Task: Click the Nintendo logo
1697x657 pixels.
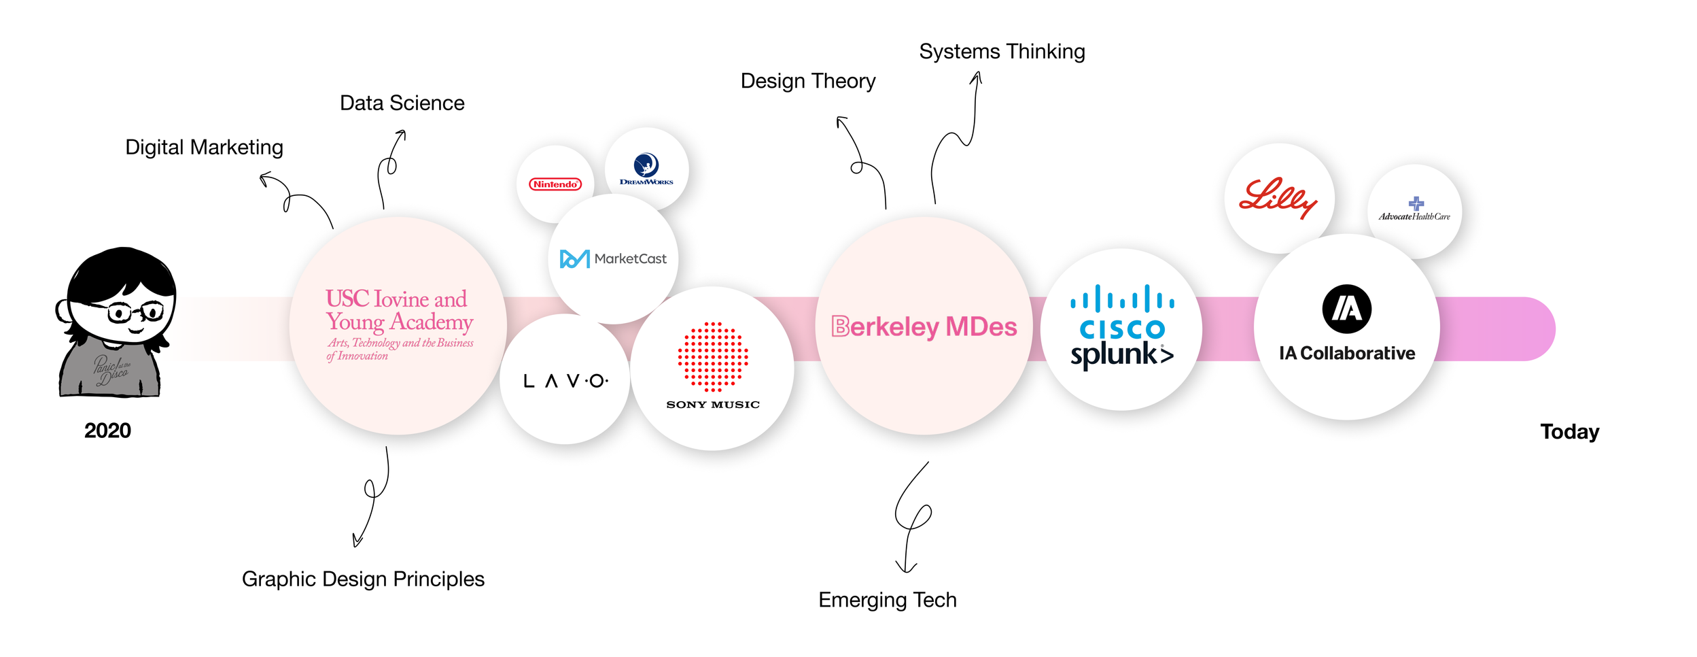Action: tap(555, 184)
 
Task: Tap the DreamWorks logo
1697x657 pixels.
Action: tap(646, 169)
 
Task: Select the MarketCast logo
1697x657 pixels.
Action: tap(613, 259)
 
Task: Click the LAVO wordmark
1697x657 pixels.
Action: tap(565, 381)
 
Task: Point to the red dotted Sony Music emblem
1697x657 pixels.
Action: tap(713, 357)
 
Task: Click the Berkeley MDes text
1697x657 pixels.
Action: tap(924, 327)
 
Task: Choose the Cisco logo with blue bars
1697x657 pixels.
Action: tap(1122, 312)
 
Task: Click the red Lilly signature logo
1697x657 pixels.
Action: tap(1278, 198)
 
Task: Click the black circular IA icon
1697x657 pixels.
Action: tap(1346, 309)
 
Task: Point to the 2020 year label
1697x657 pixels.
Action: tap(107, 431)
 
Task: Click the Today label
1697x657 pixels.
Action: tap(1569, 432)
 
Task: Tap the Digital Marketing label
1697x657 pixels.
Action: tap(204, 148)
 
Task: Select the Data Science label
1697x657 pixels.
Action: tap(402, 103)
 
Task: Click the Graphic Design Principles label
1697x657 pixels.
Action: tap(363, 579)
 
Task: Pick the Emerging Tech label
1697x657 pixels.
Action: tap(887, 600)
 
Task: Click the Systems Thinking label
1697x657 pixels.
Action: tap(1002, 52)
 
